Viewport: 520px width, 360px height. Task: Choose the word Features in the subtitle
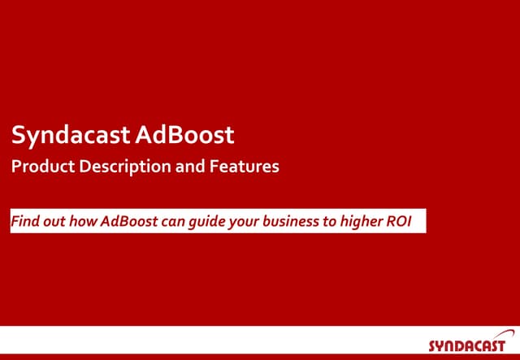(x=245, y=167)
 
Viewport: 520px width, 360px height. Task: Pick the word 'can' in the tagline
(x=174, y=222)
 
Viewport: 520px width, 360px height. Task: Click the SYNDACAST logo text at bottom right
(x=467, y=345)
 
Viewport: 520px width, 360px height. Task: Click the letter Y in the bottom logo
(x=442, y=345)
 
